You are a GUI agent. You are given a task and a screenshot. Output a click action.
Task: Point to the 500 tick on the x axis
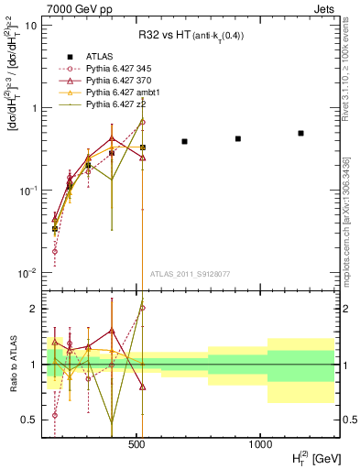click(x=137, y=443)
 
